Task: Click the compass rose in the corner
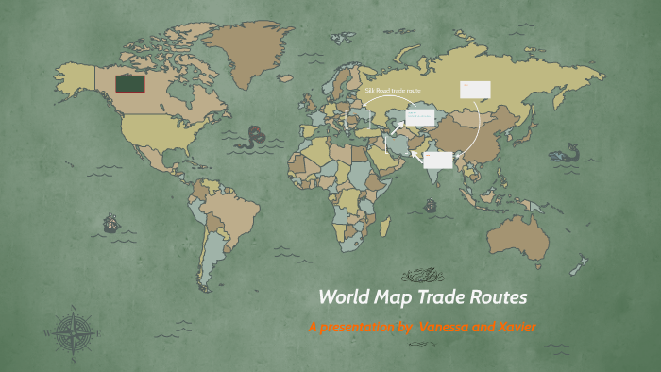pyautogui.click(x=74, y=331)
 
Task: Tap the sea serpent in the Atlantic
pyautogui.click(x=253, y=139)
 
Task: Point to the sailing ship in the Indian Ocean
pyautogui.click(x=431, y=204)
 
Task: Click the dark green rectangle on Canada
pyautogui.click(x=130, y=85)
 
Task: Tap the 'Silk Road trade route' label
pyautogui.click(x=393, y=90)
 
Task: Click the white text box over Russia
pyautogui.click(x=475, y=90)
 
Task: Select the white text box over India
pyautogui.click(x=437, y=160)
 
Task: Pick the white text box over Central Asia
pyautogui.click(x=419, y=117)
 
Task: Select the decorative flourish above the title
pyautogui.click(x=423, y=276)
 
